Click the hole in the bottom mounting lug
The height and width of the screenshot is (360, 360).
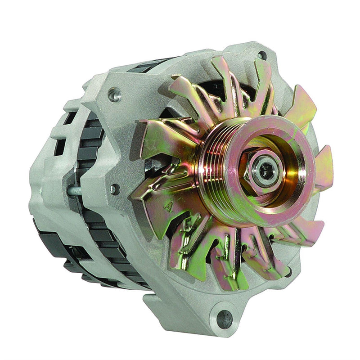225,319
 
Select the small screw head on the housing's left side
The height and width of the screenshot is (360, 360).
115,189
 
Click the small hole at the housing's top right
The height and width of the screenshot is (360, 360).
261,55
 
